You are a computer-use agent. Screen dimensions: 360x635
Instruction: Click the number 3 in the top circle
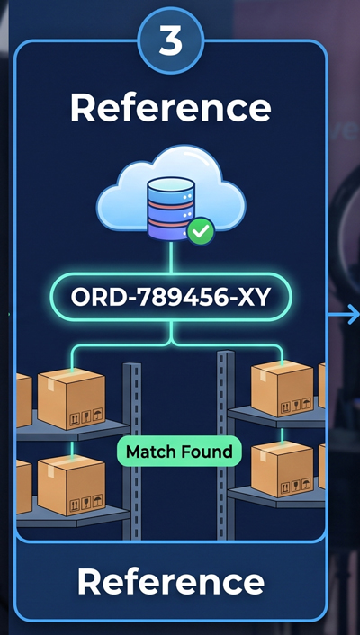tap(171, 41)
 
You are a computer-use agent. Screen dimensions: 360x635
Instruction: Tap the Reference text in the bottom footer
tap(171, 581)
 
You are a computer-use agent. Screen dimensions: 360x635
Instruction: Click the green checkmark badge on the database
tap(201, 231)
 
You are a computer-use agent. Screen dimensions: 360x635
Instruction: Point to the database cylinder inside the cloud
tap(171, 208)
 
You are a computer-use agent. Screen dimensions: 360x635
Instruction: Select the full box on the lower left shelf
tap(71, 485)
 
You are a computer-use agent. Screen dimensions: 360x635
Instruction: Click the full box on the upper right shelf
tap(283, 389)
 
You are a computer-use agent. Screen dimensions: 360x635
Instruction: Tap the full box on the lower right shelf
tap(283, 470)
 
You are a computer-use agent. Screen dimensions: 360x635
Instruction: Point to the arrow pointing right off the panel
tap(344, 314)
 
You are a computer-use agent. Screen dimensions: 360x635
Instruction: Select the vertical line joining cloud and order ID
tap(171, 257)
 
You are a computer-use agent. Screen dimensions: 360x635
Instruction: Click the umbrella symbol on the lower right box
tap(306, 485)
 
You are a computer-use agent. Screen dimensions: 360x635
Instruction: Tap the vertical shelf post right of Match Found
tap(226, 445)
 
